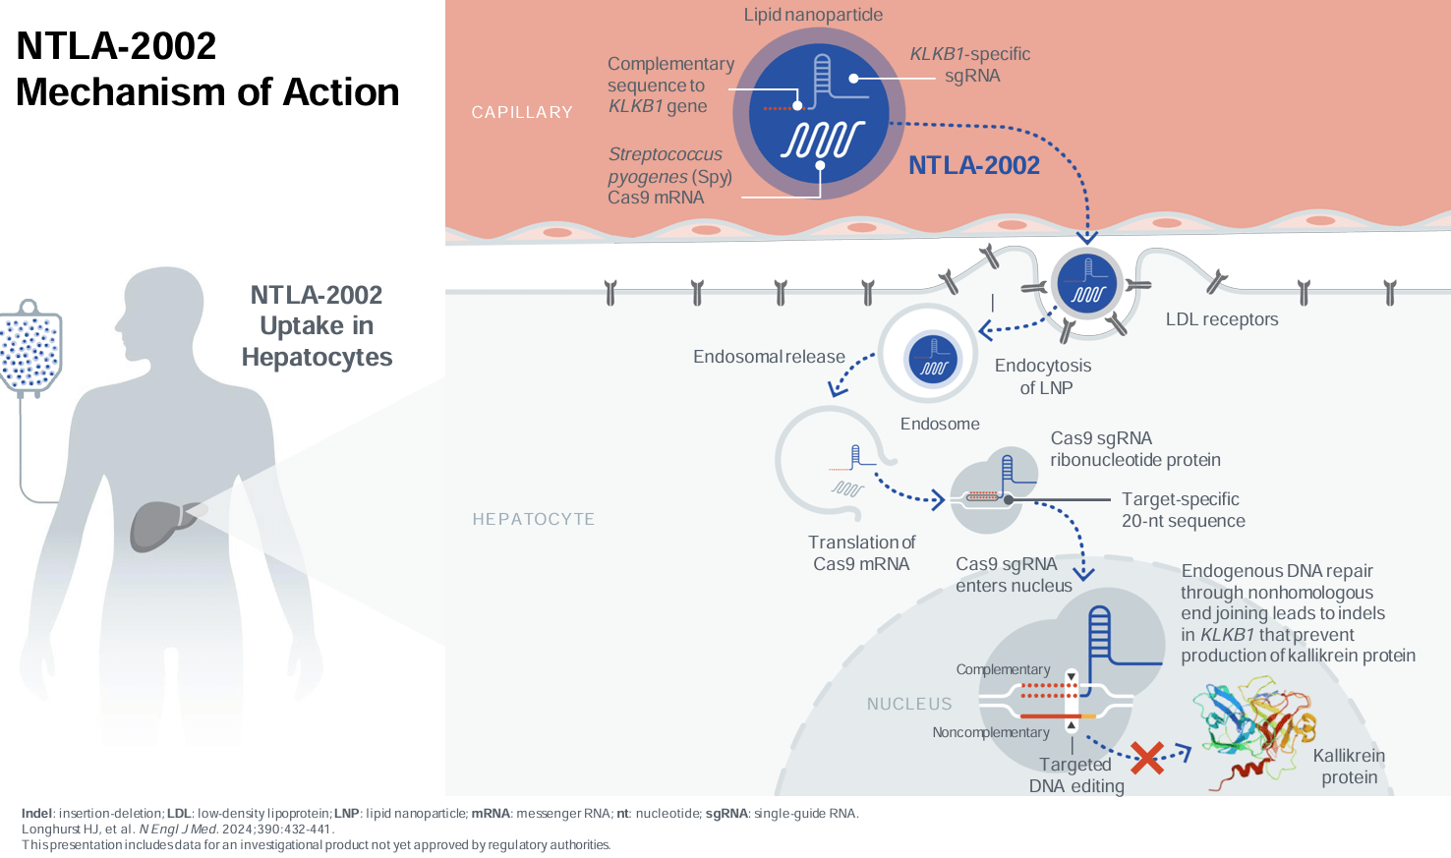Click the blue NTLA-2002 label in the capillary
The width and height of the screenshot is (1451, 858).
pyautogui.click(x=973, y=165)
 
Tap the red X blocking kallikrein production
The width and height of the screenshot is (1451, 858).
pyautogui.click(x=1146, y=757)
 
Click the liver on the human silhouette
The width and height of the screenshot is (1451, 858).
pyautogui.click(x=157, y=523)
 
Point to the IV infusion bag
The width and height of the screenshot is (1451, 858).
pyautogui.click(x=30, y=350)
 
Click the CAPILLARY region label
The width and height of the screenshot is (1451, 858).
pyautogui.click(x=522, y=113)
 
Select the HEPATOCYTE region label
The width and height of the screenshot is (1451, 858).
pyautogui.click(x=534, y=519)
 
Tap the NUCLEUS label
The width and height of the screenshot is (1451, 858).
pyautogui.click(x=909, y=704)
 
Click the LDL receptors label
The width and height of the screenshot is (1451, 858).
pyautogui.click(x=1222, y=319)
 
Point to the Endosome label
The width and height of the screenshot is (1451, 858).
pyautogui.click(x=940, y=424)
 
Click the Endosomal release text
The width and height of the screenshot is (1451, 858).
pyautogui.click(x=769, y=357)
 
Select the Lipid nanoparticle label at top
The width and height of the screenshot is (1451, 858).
pyautogui.click(x=813, y=15)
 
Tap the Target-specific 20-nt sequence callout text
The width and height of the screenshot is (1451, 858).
pyautogui.click(x=1183, y=510)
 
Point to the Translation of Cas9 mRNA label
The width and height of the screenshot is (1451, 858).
pyautogui.click(x=861, y=553)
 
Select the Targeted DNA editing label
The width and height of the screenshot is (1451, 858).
pyautogui.click(x=1076, y=775)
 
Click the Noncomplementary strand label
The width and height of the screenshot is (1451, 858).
pyautogui.click(x=991, y=732)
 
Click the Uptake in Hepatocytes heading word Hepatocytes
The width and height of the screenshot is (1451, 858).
pyautogui.click(x=317, y=358)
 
